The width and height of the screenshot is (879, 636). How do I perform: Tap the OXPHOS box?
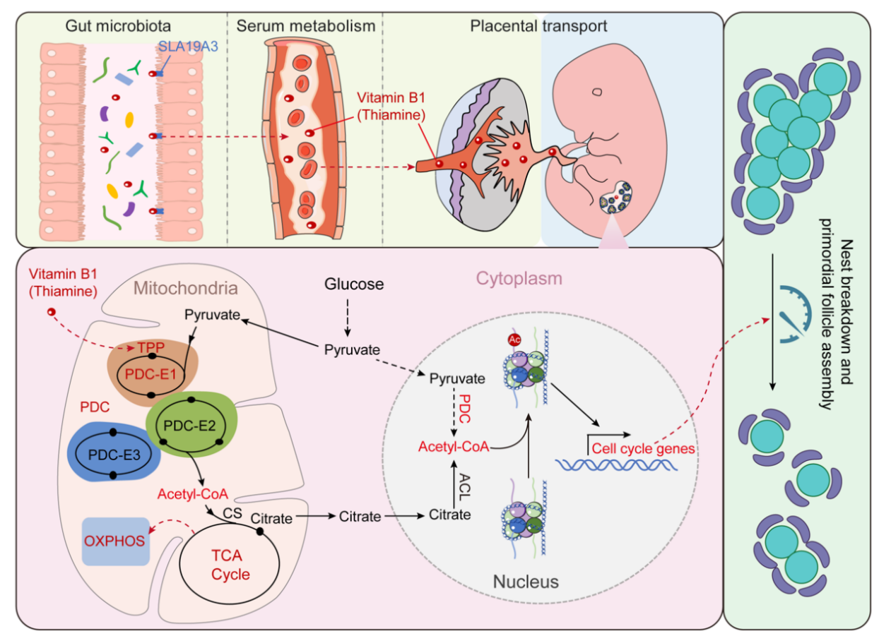(x=115, y=541)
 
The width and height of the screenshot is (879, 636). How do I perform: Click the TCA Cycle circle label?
(x=231, y=565)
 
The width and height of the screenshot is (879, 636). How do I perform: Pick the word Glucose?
(x=354, y=285)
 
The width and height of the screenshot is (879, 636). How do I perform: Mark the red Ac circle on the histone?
(x=514, y=338)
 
